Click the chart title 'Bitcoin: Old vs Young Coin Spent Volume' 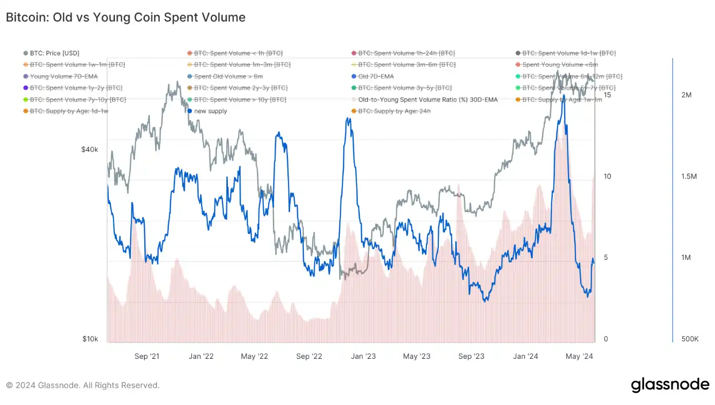[x=126, y=17]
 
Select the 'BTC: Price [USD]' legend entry [x=54, y=53]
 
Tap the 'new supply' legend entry [x=210, y=111]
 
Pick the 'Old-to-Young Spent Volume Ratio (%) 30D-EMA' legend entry [x=428, y=99]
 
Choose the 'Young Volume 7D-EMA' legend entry [x=64, y=76]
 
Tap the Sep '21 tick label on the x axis [x=147, y=356]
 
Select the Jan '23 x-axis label [x=364, y=356]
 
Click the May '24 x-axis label [x=579, y=356]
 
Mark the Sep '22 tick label [x=310, y=356]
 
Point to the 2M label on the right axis [x=686, y=95]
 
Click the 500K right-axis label [x=689, y=339]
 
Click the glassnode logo [x=670, y=385]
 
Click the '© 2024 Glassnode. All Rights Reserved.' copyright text [x=83, y=385]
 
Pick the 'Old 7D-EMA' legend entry [x=376, y=76]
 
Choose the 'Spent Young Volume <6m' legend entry [x=560, y=65]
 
